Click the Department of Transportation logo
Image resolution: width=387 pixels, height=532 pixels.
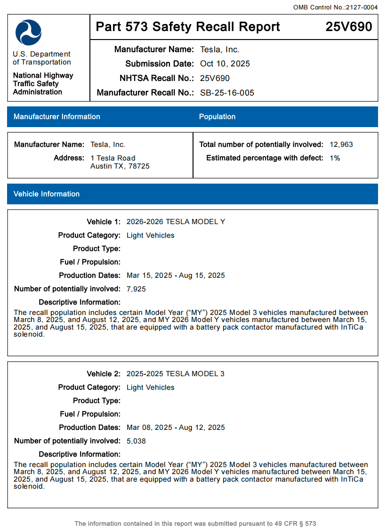tap(28, 32)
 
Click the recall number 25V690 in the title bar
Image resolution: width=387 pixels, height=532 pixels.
tap(348, 27)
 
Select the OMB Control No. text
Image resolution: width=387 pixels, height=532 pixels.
tap(335, 7)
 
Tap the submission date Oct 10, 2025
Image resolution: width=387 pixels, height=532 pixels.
tap(225, 64)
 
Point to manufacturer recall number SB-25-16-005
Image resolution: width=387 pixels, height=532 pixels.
tap(227, 93)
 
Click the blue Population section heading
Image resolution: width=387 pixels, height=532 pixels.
tap(217, 117)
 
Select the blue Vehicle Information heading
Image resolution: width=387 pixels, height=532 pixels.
tap(47, 194)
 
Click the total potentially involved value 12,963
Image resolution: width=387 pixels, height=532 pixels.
tap(341, 145)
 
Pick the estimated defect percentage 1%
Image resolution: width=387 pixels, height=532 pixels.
tap(335, 158)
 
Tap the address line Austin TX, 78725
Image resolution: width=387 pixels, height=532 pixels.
tap(120, 166)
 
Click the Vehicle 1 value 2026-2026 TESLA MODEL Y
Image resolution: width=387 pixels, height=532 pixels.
tap(176, 222)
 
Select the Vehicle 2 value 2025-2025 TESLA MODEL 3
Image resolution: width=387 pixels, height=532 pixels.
tap(175, 374)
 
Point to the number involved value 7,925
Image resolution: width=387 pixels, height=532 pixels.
tap(136, 289)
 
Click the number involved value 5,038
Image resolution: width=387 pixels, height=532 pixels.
tap(136, 441)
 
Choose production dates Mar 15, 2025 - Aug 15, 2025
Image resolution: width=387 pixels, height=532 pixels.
tap(176, 275)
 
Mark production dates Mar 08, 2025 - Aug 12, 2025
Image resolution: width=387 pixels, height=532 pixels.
tap(176, 427)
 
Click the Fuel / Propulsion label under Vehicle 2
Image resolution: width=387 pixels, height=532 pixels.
tap(90, 414)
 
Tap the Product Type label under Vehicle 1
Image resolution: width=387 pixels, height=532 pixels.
tap(97, 249)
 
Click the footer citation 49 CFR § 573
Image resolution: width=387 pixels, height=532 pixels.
tap(296, 524)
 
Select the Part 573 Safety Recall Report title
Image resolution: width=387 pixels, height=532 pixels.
tap(188, 27)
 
